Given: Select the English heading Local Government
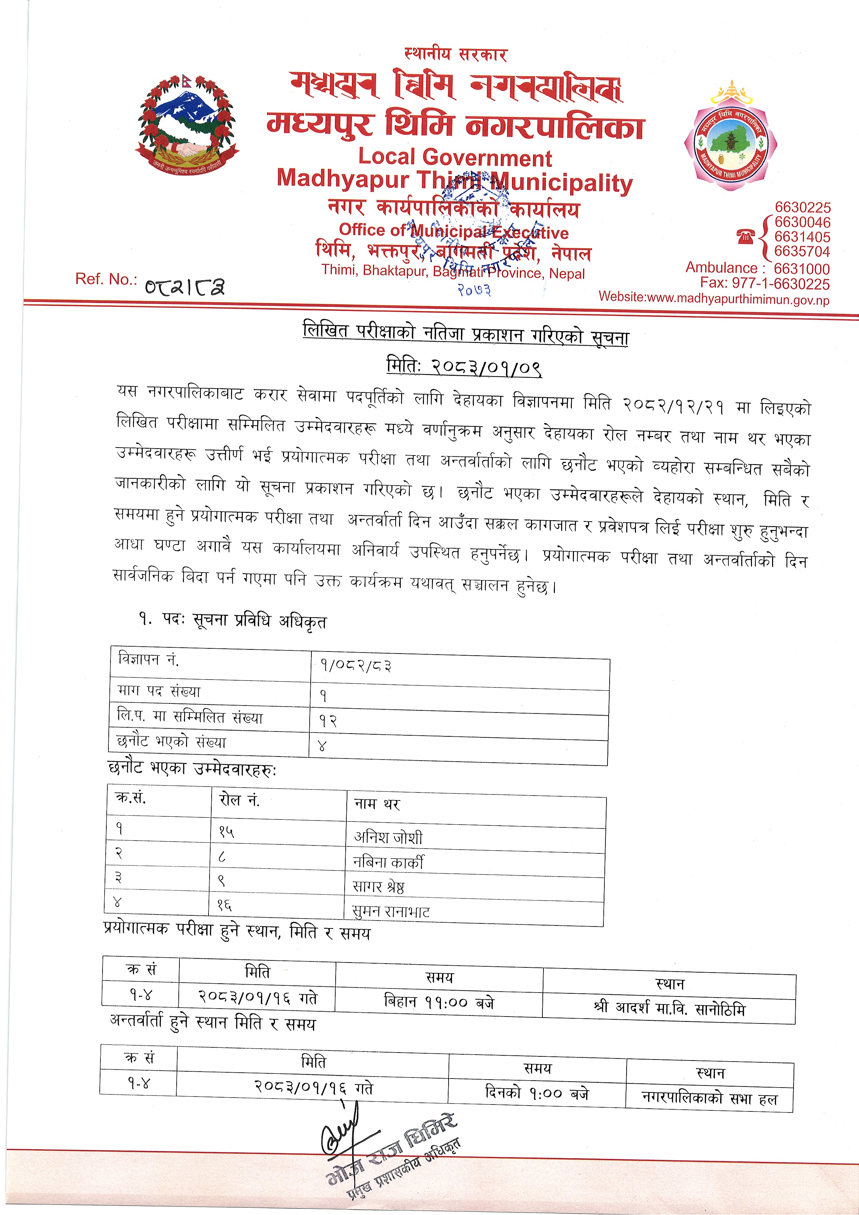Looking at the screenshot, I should (x=455, y=158).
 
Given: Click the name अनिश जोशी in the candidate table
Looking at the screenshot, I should (x=388, y=837).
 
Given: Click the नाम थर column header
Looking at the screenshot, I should (x=377, y=804).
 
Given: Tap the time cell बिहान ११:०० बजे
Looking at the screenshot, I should (x=439, y=1002).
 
